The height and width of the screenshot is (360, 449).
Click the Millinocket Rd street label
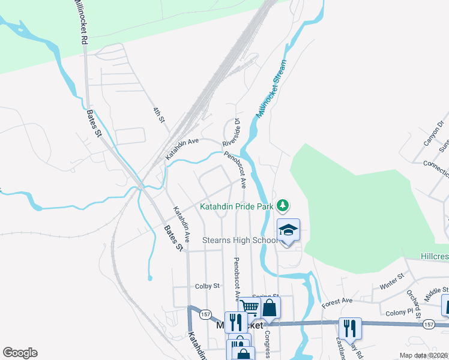tap(80, 22)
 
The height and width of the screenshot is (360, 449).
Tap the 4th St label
tap(158, 115)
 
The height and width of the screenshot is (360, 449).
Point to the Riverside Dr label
tap(231, 133)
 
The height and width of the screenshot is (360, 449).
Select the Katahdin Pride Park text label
tap(236, 207)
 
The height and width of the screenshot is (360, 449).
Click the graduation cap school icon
tap(288, 231)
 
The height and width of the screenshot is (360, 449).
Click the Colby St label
tap(208, 287)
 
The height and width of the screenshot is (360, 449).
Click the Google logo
tap(20, 353)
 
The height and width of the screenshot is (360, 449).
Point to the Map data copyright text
tap(423, 355)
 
